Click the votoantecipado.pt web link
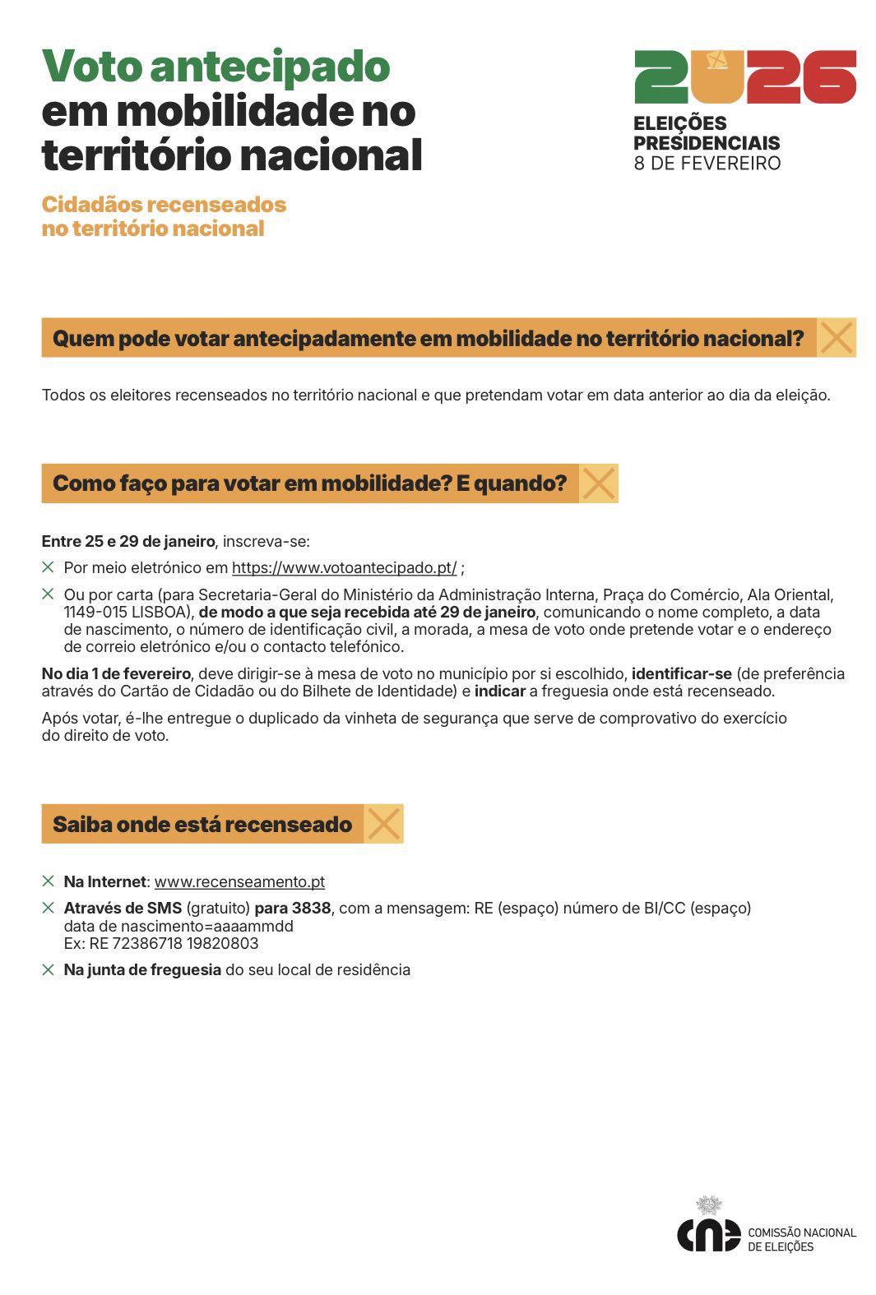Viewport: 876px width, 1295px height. point(344,568)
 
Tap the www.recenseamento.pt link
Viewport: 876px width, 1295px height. point(239,882)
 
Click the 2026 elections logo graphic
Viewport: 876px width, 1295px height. point(745,76)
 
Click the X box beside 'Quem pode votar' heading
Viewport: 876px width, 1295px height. point(837,338)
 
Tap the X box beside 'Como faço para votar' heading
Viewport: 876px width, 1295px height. point(599,483)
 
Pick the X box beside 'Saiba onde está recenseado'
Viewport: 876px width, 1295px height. point(383,824)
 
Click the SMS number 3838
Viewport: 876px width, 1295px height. point(311,909)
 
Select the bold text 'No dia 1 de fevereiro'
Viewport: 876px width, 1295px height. point(116,674)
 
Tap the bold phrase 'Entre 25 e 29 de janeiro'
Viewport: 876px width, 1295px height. point(128,542)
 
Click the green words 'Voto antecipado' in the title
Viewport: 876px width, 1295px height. point(216,67)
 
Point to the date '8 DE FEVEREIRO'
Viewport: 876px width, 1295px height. point(707,164)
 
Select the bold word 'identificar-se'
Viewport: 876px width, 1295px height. point(681,674)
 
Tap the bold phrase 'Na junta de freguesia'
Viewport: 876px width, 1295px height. point(142,970)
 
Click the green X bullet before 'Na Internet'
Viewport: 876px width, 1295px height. point(49,881)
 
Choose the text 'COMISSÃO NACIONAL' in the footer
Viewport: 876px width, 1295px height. point(801,1233)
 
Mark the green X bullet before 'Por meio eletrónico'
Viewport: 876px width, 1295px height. point(49,567)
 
